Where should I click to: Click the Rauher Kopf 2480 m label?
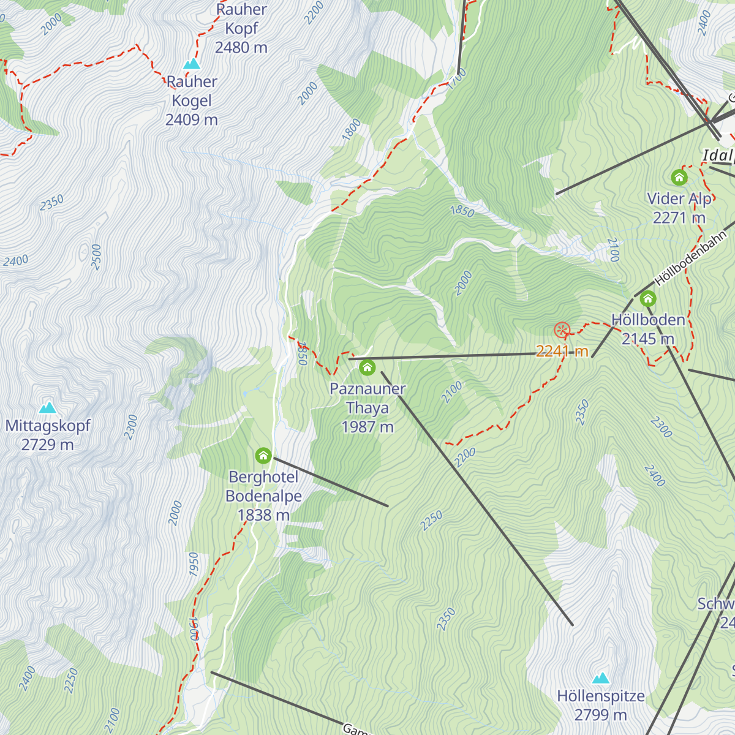(x=241, y=29)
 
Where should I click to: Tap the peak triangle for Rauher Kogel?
(x=192, y=64)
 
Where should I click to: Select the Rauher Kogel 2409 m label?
(x=192, y=100)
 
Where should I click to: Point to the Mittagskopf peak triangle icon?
(x=48, y=407)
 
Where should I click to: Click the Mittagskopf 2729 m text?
(x=48, y=435)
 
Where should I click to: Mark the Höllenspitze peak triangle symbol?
(x=601, y=678)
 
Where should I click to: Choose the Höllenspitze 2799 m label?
(x=601, y=705)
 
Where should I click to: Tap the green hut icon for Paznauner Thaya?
(x=367, y=367)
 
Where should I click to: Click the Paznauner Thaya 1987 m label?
(x=367, y=407)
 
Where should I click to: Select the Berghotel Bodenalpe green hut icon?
(x=263, y=456)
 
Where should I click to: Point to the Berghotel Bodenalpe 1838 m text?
(x=263, y=496)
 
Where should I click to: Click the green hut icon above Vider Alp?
(x=679, y=178)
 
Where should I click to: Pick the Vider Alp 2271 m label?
(x=679, y=208)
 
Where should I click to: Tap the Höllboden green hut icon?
(x=648, y=299)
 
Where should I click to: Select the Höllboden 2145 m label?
(x=648, y=329)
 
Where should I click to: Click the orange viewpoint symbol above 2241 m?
(x=562, y=331)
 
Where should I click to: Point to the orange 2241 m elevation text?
(x=562, y=351)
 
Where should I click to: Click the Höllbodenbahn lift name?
(x=690, y=259)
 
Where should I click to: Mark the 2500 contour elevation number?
(x=96, y=257)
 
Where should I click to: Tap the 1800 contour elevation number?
(x=352, y=130)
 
